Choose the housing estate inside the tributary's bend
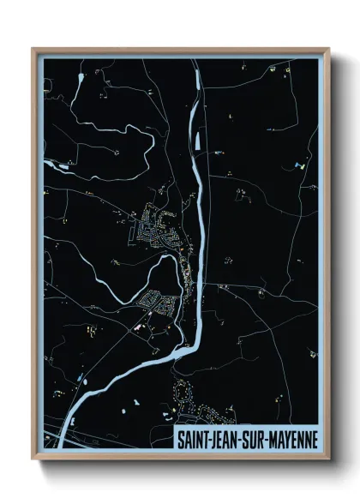(159, 301)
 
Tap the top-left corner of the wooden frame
(34, 49)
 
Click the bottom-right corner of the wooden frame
(328, 460)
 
